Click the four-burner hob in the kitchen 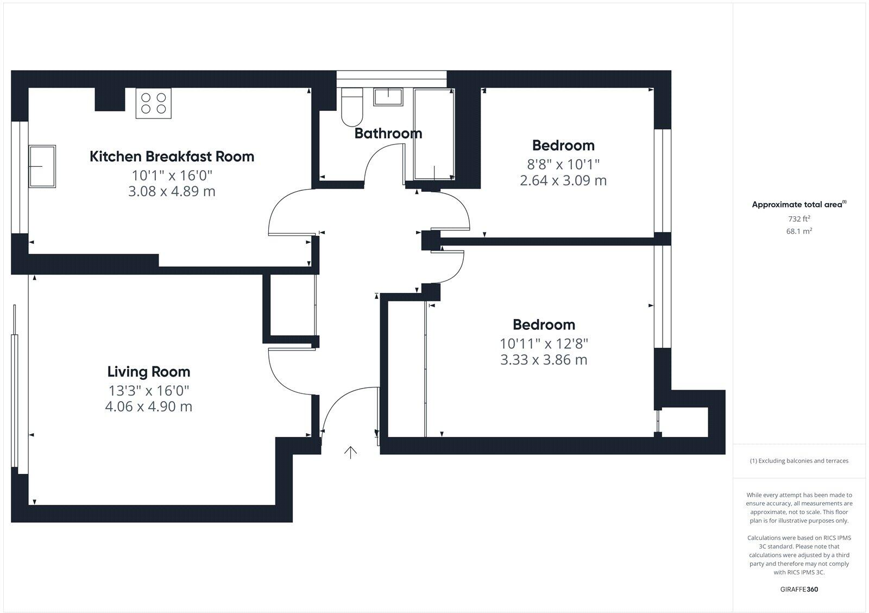pos(153,103)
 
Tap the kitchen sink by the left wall pos(42,166)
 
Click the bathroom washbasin pos(388,97)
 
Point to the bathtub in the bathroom pos(434,134)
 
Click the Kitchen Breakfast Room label pos(172,157)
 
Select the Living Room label pos(148,372)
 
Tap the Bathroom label pos(388,133)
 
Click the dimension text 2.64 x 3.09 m pos(563,180)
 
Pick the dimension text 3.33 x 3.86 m pos(544,360)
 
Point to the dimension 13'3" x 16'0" pos(148,390)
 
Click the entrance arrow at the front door pos(350,452)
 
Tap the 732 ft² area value pos(799,219)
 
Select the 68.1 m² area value pos(799,231)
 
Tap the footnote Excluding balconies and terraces pos(799,461)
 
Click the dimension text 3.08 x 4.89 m pos(172,191)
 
